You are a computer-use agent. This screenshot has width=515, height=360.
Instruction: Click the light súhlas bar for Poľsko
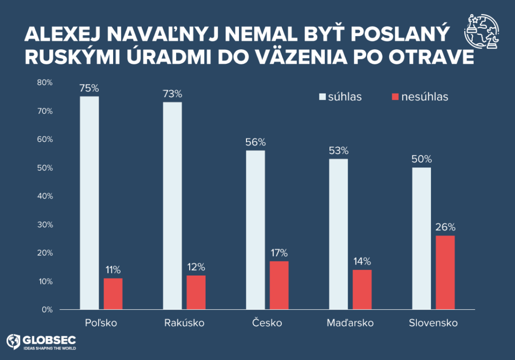coord(90,203)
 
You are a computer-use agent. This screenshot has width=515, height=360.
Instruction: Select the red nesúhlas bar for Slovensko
coord(445,273)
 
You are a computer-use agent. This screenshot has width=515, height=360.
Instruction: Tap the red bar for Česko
coord(279,285)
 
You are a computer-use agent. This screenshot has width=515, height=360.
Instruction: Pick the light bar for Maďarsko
coord(338,234)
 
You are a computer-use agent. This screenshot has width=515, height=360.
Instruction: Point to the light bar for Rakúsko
coord(173,206)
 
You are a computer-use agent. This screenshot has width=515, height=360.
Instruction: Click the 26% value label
coord(445,226)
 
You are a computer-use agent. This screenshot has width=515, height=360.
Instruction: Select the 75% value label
coord(89,88)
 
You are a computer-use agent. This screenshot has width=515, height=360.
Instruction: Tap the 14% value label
coord(362,261)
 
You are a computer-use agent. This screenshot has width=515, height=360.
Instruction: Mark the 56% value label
coord(255,142)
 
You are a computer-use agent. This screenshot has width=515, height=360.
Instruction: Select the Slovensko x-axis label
coord(433,323)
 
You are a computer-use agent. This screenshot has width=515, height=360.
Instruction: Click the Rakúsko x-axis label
coord(184,323)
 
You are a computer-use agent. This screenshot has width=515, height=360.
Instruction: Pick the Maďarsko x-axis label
coord(350,323)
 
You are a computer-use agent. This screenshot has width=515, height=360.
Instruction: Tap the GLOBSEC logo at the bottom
coord(41,342)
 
